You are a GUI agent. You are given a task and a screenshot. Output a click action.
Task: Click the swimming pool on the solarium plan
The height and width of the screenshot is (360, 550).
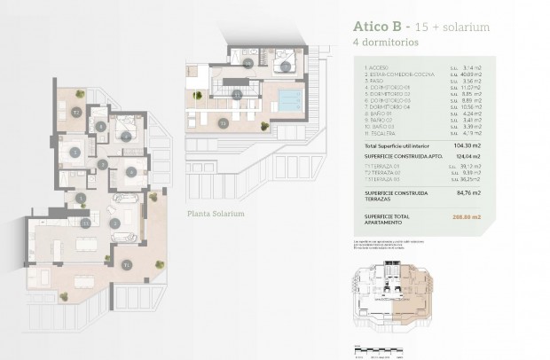coord(289,97)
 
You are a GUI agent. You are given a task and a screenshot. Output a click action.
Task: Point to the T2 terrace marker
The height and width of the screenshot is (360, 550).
coord(77,113)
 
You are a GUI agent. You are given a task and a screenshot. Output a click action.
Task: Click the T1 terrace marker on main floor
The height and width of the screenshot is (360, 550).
coord(128,263)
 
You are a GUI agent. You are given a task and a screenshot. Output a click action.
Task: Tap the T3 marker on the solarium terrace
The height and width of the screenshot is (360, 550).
coord(223,122)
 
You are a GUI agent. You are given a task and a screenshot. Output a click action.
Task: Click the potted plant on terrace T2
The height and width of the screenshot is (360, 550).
coord(80,94)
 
